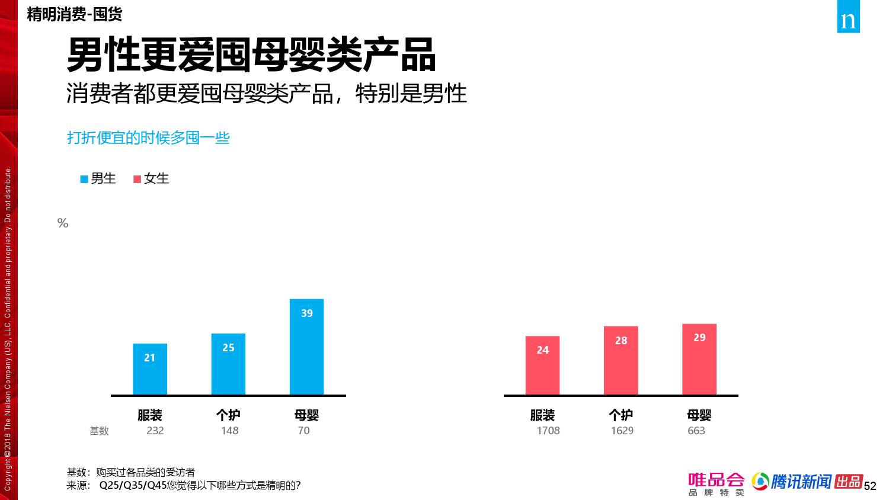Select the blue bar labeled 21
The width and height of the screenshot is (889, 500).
click(149, 369)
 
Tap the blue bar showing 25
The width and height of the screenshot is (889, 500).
click(228, 364)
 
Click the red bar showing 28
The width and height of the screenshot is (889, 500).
click(621, 360)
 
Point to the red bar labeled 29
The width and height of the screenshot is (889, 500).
click(699, 359)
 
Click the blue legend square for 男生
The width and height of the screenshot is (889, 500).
click(84, 179)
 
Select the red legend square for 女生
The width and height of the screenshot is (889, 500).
click(137, 179)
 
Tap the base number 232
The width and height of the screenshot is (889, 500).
click(155, 431)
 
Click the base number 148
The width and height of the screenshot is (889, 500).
click(229, 431)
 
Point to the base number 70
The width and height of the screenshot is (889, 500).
click(303, 431)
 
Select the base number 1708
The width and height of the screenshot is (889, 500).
click(548, 431)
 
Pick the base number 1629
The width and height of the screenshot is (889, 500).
click(622, 431)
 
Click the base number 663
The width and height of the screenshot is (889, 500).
click(696, 431)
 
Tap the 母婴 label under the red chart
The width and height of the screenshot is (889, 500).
click(699, 415)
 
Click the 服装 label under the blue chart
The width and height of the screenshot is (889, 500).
click(149, 415)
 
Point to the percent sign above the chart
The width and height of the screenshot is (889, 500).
click(63, 223)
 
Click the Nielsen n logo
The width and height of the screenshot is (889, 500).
click(848, 21)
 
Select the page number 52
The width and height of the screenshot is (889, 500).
click(869, 486)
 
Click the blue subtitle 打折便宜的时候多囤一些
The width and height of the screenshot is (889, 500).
click(148, 138)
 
